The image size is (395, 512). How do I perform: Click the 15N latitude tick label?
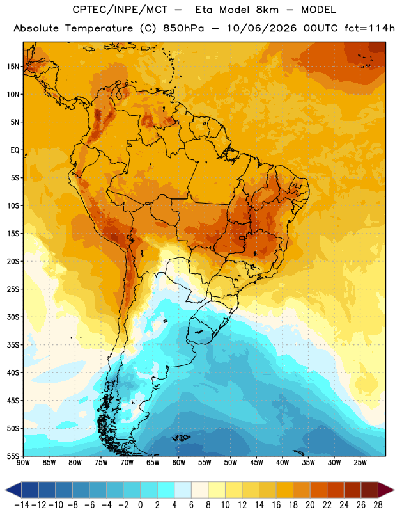coord(13,67)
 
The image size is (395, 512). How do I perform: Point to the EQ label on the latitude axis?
coord(15,150)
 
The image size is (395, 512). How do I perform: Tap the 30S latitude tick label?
coord(13,317)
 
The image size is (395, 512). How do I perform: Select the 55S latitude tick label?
coord(13,456)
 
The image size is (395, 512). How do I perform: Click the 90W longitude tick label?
coord(23,462)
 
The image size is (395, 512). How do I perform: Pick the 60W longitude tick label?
coord(179,462)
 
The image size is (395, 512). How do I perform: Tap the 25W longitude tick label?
coord(360,462)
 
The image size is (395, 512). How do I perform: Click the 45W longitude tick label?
coord(256,462)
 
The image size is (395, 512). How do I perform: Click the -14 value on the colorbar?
coord(22,505)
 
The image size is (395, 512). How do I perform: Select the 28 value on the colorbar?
coord(378,505)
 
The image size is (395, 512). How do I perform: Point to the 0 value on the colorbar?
coord(140,505)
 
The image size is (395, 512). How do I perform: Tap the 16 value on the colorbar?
coord(276,505)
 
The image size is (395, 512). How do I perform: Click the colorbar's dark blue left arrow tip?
coord(5,490)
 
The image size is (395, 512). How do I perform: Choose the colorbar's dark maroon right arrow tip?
coord(394,490)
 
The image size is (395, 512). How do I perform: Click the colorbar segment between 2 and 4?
coord(166,490)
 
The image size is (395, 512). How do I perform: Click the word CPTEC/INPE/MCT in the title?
coord(120,10)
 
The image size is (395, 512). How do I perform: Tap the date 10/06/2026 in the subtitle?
coord(262,28)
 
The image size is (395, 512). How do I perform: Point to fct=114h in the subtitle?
coord(369,28)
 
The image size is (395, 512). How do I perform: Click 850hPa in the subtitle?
coord(183,28)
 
